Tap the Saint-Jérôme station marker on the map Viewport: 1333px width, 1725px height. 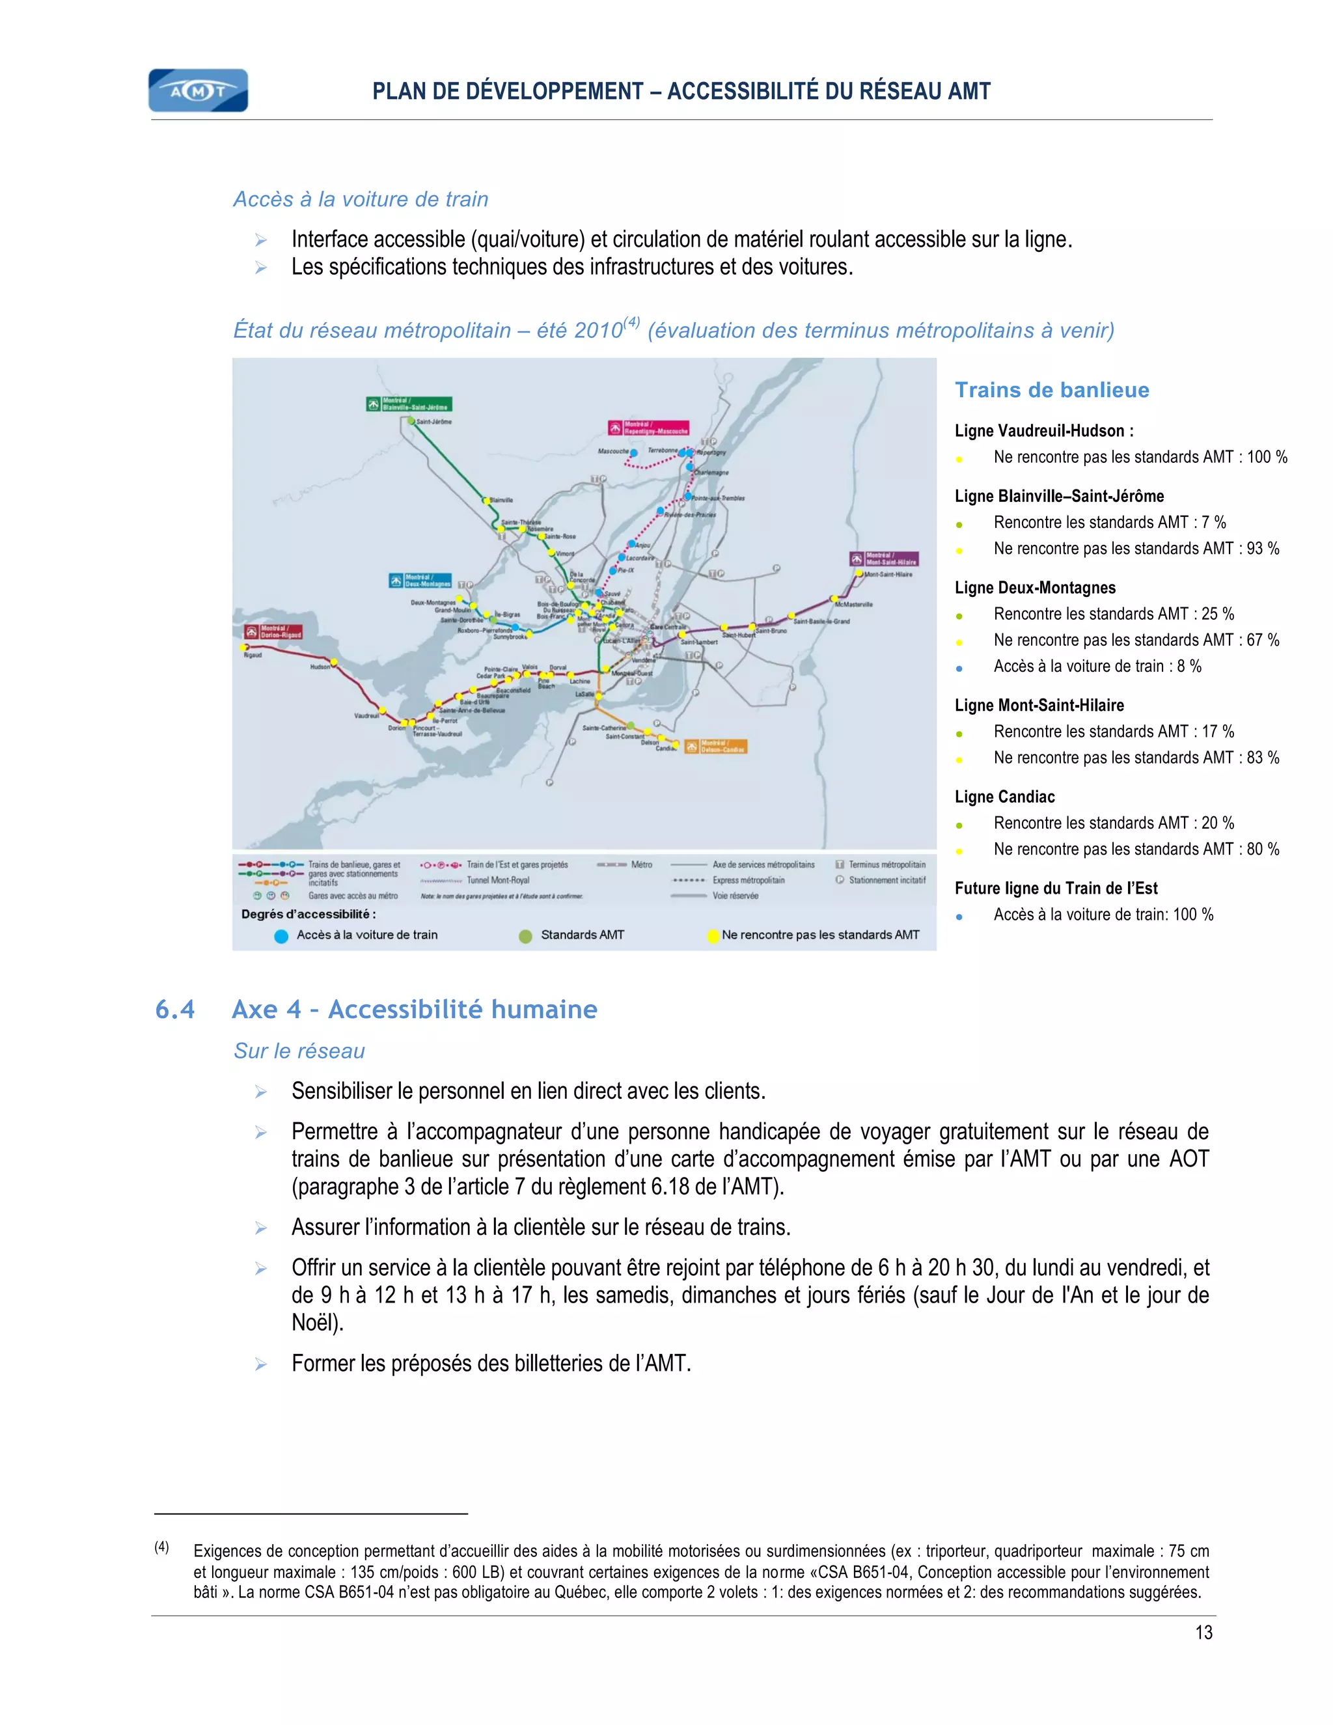(411, 421)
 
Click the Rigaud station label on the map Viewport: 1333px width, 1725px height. (253, 655)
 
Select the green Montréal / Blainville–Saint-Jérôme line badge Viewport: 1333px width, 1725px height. (409, 404)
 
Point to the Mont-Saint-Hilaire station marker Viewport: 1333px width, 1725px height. (859, 573)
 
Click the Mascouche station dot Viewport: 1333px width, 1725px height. (633, 453)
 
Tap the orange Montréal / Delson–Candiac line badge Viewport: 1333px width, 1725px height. (715, 747)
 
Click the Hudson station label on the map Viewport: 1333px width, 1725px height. (320, 667)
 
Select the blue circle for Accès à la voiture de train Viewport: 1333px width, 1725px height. (281, 937)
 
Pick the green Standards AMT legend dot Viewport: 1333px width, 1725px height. (525, 937)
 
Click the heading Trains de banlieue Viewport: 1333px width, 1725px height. (1052, 390)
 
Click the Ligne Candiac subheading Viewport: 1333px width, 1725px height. (1004, 797)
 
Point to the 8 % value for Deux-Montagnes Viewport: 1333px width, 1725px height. (1189, 667)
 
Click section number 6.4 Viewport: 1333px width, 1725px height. (175, 1010)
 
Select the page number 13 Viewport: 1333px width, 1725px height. (1203, 1633)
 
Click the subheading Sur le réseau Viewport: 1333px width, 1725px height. (299, 1051)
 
